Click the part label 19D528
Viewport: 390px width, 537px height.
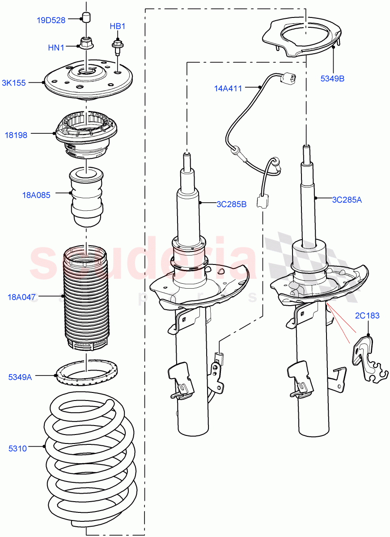51,20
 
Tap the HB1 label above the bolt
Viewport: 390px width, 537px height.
118,26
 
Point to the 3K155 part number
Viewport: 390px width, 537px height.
13,82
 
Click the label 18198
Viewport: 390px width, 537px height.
16,135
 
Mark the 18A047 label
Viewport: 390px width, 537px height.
22,296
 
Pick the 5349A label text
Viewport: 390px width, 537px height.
20,377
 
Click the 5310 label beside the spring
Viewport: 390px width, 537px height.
17,448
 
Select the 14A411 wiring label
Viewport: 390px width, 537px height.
228,89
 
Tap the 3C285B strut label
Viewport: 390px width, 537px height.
231,205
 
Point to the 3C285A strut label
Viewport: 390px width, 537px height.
347,200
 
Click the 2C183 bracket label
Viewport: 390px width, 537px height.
367,315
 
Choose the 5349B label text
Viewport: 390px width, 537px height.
332,79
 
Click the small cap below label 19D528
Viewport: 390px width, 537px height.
86,17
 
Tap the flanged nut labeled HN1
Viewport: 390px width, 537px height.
85,43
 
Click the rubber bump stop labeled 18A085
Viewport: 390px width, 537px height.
86,197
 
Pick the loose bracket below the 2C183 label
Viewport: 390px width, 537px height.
365,360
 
